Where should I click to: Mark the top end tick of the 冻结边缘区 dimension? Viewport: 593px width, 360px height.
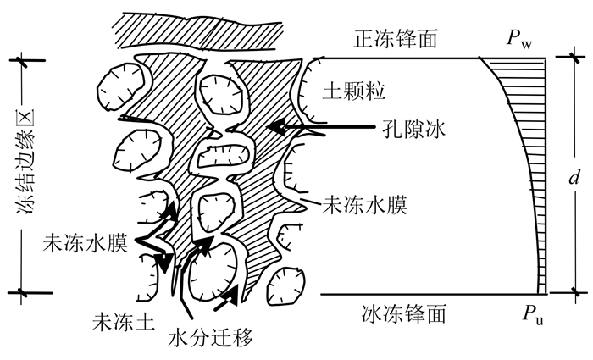click(22, 61)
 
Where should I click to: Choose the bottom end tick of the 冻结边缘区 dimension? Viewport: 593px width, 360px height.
click(22, 292)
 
